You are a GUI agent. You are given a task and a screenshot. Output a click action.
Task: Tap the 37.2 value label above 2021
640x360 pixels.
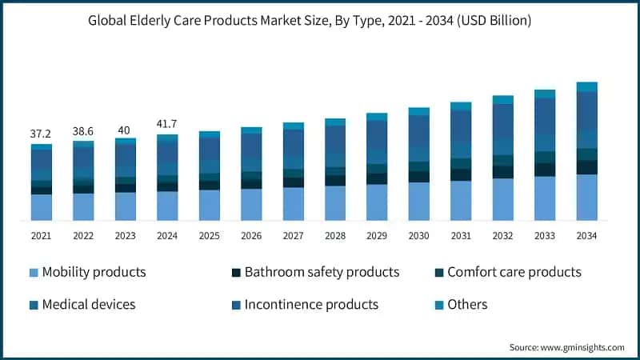(x=41, y=134)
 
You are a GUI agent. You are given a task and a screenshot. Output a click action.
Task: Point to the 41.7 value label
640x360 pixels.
(x=167, y=124)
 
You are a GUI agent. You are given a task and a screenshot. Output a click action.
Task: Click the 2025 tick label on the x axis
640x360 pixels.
(x=209, y=236)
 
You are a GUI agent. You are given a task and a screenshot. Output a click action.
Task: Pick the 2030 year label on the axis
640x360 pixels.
(x=419, y=236)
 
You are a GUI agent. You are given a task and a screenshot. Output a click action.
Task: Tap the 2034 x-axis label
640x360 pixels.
(x=587, y=236)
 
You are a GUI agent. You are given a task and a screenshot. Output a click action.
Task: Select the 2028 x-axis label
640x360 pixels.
(x=335, y=236)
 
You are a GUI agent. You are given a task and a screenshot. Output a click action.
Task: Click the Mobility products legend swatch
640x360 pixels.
(x=32, y=273)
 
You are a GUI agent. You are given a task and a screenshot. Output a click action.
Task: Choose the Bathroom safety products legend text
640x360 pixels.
(x=322, y=272)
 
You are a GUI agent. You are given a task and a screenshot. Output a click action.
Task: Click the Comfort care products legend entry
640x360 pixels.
(x=514, y=272)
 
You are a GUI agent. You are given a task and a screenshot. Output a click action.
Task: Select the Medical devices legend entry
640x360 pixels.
(x=88, y=304)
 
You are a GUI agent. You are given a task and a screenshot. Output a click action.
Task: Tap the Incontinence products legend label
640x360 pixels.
(x=311, y=304)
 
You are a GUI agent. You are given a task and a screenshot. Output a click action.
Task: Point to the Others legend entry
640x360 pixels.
(x=467, y=304)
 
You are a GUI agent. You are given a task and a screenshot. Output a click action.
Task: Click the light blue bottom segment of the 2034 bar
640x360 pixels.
(x=587, y=197)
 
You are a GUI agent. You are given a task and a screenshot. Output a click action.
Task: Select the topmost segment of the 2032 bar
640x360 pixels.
(x=503, y=100)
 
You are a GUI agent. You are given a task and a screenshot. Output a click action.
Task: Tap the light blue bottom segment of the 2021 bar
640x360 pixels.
(x=41, y=207)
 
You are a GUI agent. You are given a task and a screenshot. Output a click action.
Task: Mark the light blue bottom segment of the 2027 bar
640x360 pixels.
(x=293, y=204)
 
